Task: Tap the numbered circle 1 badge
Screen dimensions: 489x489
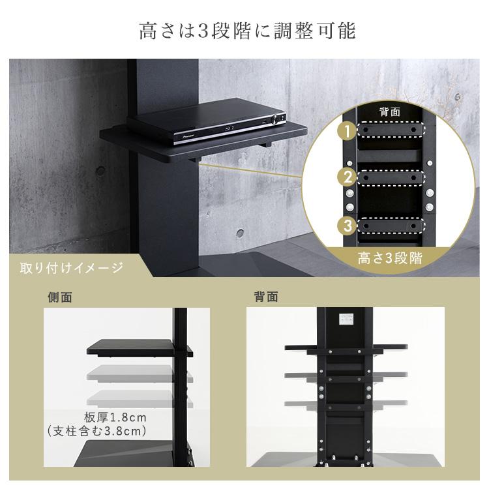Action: [x=348, y=132]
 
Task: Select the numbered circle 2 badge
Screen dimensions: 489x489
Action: [x=348, y=177]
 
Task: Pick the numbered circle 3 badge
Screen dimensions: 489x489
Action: [x=348, y=226]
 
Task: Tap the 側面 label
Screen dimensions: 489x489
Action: [x=60, y=297]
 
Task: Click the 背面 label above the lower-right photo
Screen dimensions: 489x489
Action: [x=265, y=297]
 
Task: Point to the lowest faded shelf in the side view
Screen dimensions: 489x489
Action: [x=130, y=398]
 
